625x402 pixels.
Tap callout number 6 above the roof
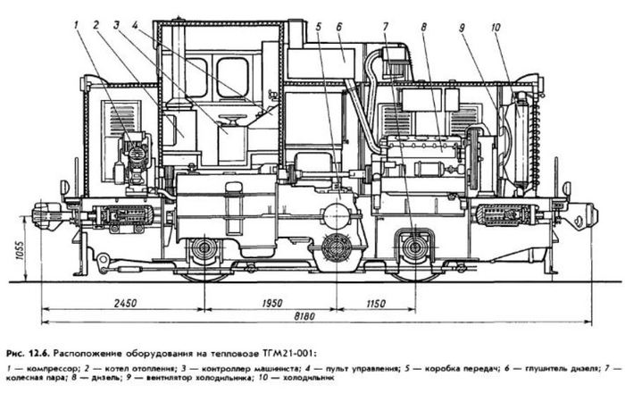(339, 27)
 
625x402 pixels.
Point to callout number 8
(424, 27)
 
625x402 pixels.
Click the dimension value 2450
(126, 304)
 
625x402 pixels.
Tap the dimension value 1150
(377, 304)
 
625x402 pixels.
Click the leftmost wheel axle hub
(204, 249)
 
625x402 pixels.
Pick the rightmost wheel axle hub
(413, 247)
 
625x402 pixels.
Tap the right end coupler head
(586, 214)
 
